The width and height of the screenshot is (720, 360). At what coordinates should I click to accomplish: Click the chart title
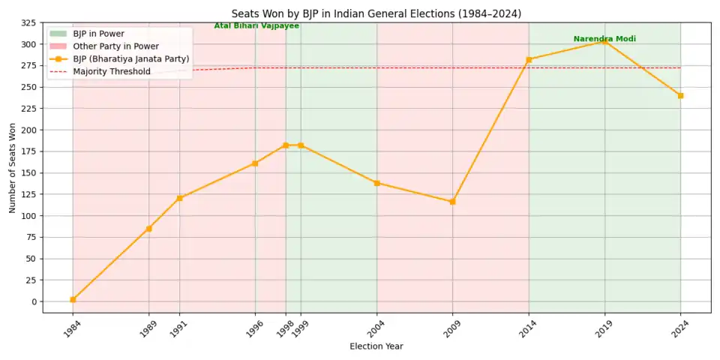376,13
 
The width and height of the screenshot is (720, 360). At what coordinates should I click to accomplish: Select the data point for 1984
73,299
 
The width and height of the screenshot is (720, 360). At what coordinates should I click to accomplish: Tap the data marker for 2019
604,41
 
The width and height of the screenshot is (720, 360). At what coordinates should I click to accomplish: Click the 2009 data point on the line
452,202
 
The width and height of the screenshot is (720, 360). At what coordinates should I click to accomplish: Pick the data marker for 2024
680,95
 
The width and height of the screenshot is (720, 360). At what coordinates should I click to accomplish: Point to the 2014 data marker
529,59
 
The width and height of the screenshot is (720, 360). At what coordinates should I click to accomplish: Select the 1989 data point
148,229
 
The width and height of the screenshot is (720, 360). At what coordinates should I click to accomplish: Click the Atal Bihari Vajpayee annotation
256,26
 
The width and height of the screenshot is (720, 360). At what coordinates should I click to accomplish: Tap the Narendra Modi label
604,39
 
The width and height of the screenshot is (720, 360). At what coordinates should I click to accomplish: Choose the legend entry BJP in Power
98,34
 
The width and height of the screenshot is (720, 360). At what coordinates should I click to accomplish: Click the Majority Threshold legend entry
112,72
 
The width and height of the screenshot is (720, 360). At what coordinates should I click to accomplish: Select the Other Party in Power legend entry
115,46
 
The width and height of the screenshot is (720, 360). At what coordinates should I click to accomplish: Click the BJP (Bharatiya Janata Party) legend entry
130,59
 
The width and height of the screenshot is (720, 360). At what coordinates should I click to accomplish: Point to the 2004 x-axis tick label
376,328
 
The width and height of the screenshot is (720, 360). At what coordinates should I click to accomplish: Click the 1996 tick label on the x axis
255,328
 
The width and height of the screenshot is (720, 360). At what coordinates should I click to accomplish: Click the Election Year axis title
376,346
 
